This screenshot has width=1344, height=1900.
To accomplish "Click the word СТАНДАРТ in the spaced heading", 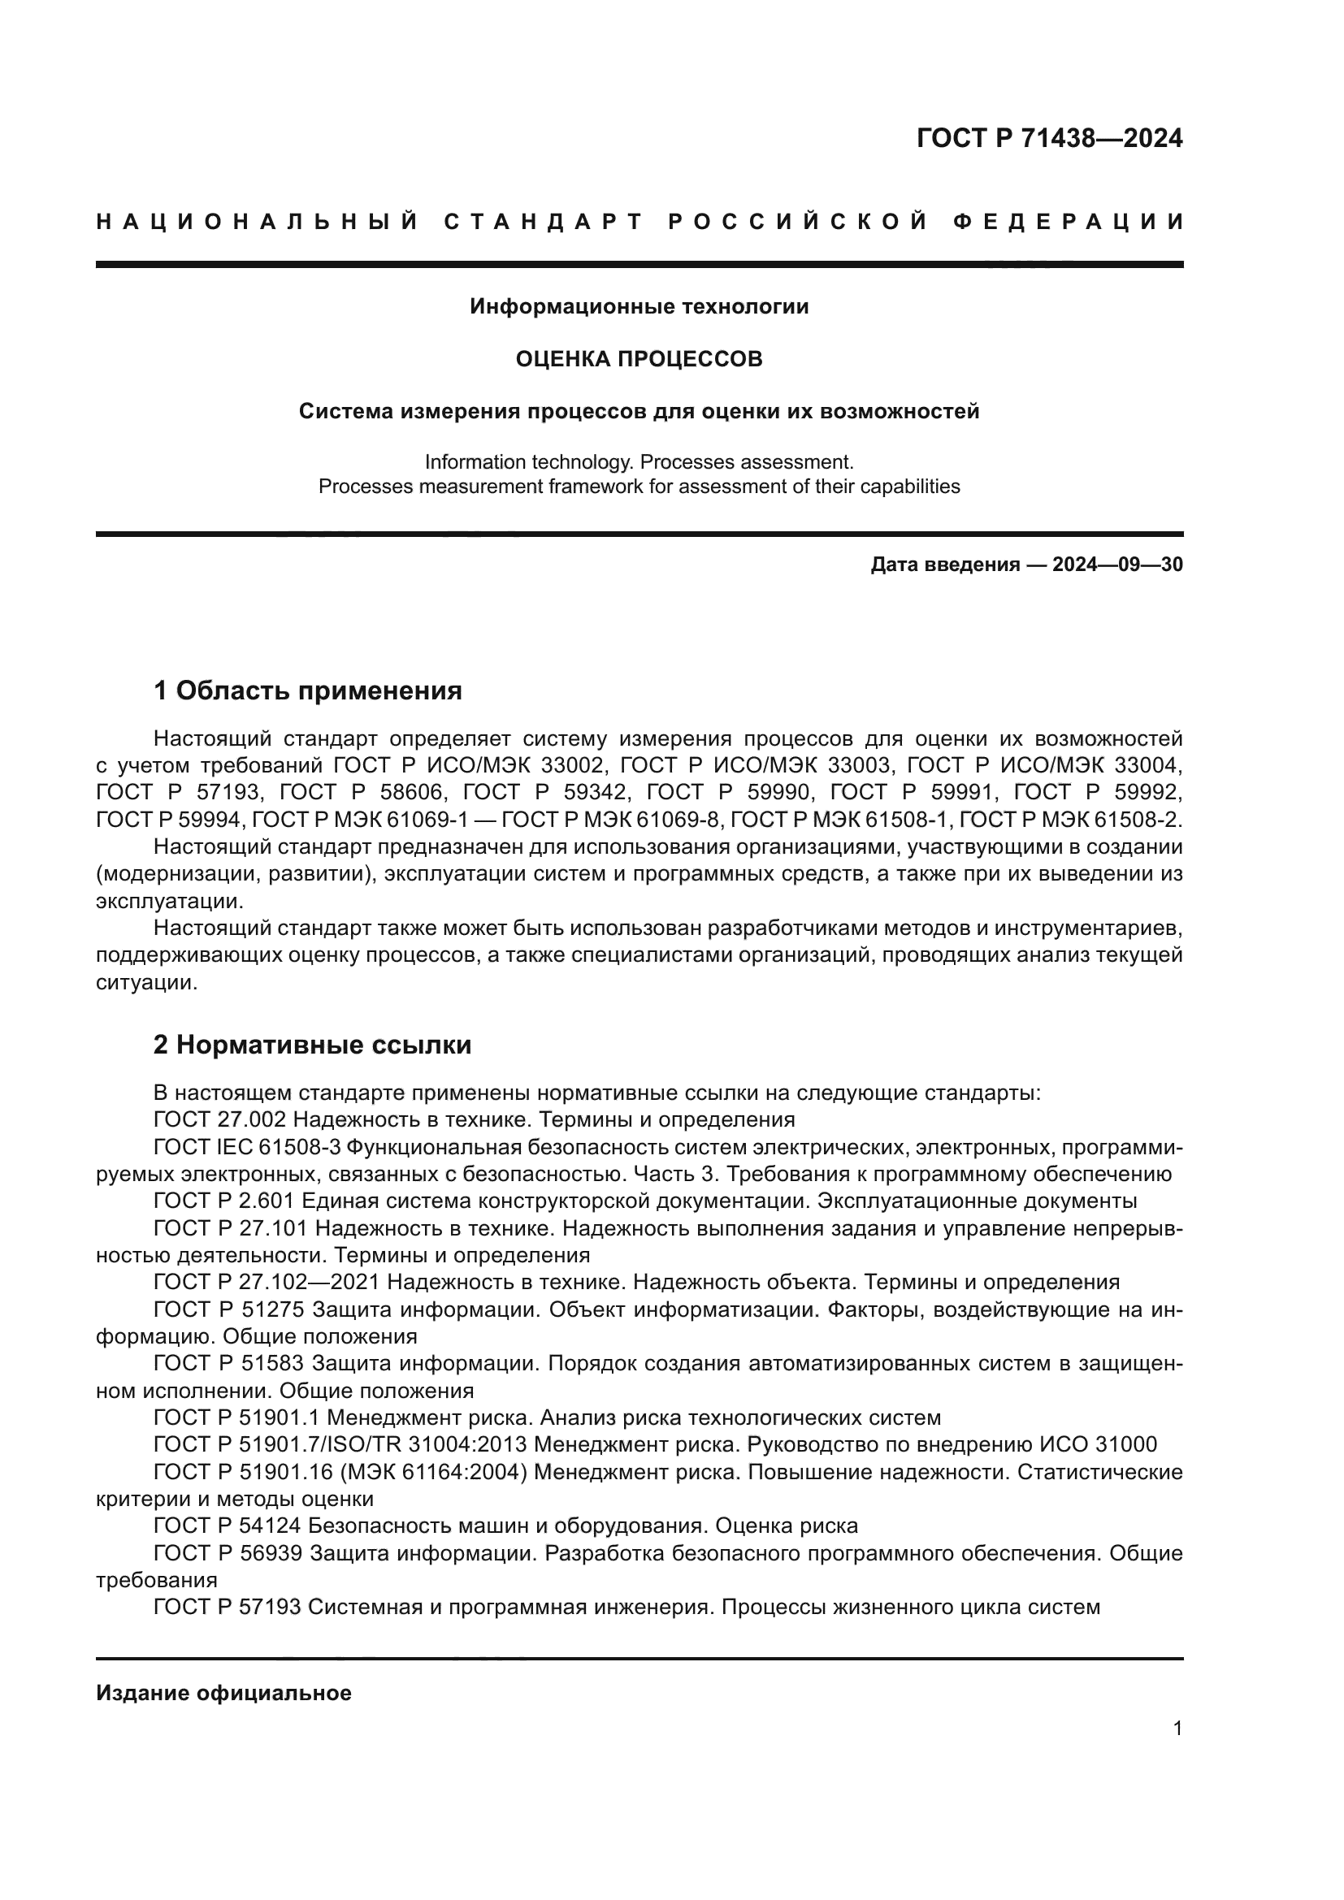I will [x=543, y=222].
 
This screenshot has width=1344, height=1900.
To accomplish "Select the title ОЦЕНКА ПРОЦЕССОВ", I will [x=639, y=359].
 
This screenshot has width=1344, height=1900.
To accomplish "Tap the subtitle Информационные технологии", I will [x=639, y=307].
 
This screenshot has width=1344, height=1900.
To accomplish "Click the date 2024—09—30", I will [x=1117, y=565].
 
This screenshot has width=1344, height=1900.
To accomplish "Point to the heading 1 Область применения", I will [x=307, y=690].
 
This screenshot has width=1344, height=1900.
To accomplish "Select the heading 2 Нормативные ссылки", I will [x=312, y=1045].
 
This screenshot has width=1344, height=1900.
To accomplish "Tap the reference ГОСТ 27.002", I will [x=219, y=1120].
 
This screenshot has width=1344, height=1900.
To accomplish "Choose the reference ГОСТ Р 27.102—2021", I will [x=266, y=1283].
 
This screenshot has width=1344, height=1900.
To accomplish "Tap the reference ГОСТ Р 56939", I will [x=227, y=1553].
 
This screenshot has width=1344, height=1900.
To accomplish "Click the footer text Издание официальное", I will [x=223, y=1693].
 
